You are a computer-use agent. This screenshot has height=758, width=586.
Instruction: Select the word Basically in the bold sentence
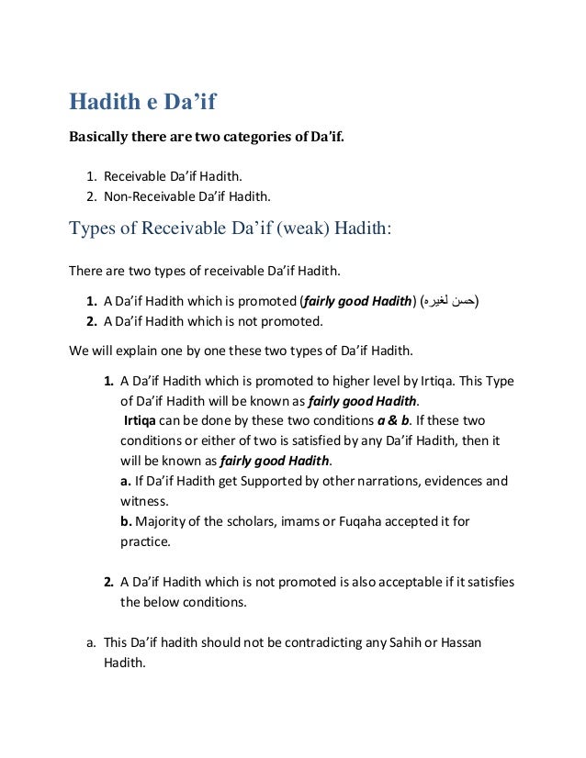103,139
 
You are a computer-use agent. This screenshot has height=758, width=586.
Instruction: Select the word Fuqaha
368,520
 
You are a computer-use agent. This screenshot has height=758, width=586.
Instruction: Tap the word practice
144,541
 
